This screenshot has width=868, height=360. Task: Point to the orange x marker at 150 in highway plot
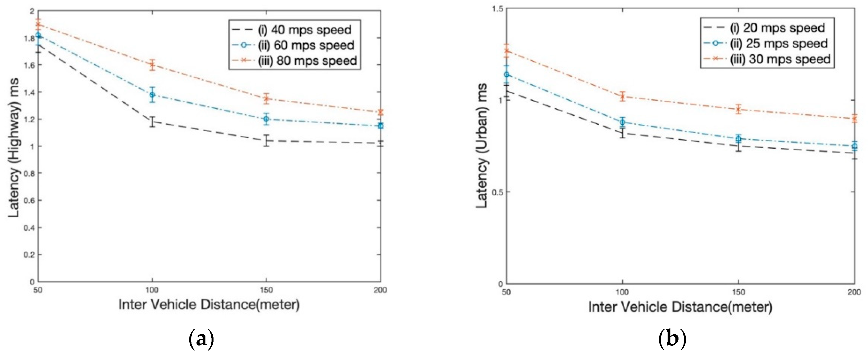(x=267, y=99)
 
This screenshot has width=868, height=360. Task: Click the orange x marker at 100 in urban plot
(x=622, y=97)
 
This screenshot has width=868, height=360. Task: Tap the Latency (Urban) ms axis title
(x=482, y=146)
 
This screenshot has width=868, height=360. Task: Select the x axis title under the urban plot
(x=680, y=307)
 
